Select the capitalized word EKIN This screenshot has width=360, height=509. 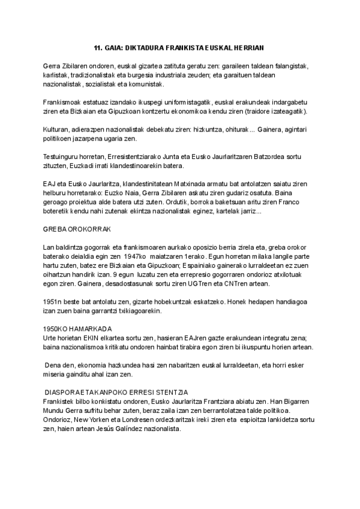tap(91, 338)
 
